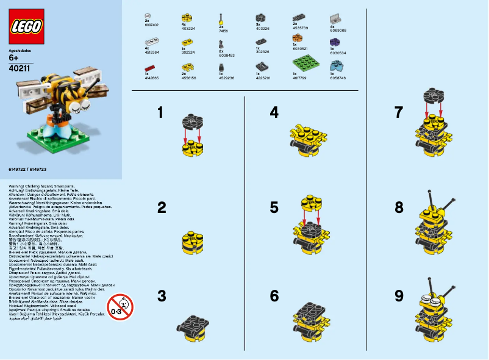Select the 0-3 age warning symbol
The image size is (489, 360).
tap(120, 306)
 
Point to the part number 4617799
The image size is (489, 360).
tap(301, 78)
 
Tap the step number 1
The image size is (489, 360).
tap(160, 112)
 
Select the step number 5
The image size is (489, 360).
tap(274, 207)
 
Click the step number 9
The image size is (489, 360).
tap(399, 296)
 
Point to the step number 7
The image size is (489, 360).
tap(399, 112)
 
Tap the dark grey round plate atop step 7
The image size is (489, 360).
tap(434, 95)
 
